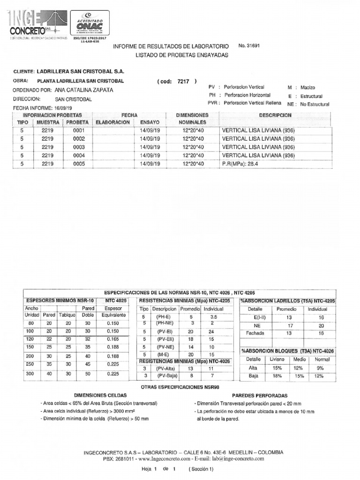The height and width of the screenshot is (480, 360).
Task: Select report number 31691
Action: click(x=249, y=46)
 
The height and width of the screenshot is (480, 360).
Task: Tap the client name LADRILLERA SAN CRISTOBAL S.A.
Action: click(x=80, y=72)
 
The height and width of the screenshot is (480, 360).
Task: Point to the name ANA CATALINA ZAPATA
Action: click(x=84, y=90)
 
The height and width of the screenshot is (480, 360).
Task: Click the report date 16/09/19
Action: click(x=66, y=108)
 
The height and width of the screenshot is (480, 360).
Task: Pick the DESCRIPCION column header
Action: click(x=275, y=115)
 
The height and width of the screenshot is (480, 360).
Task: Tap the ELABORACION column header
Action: click(x=112, y=122)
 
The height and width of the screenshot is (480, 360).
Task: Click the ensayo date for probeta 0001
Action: click(x=150, y=131)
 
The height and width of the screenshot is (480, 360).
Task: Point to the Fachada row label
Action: click(x=256, y=333)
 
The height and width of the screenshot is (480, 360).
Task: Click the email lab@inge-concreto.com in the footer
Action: click(x=238, y=459)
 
